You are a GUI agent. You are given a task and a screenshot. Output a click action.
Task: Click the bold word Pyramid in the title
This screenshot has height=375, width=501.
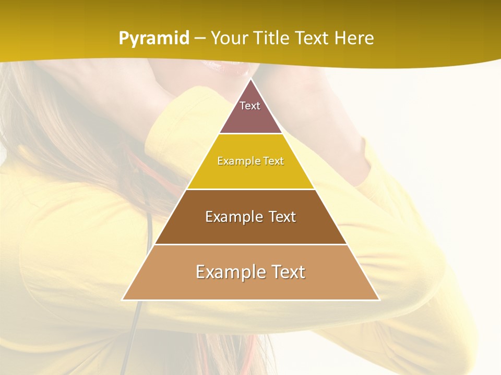click(x=154, y=39)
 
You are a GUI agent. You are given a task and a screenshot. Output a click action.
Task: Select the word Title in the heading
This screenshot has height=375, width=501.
click(x=274, y=39)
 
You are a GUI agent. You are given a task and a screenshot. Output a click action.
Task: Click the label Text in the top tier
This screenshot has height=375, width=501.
click(x=250, y=106)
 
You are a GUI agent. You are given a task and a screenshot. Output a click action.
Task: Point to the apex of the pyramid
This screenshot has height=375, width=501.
click(x=250, y=80)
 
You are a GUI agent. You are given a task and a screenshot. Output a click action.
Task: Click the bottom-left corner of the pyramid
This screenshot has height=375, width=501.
click(x=123, y=299)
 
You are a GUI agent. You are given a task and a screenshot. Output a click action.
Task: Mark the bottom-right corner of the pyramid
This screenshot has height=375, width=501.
click(x=379, y=299)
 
